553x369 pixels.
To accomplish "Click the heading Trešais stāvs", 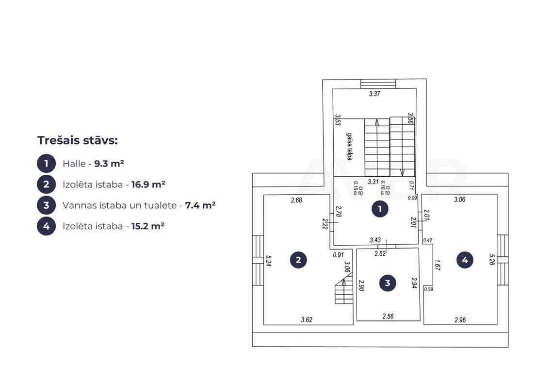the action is coord(78,140).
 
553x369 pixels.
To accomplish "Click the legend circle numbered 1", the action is coord(46,164).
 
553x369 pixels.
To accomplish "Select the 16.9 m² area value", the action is coord(148,184).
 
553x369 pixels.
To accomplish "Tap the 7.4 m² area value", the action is coord(200,205).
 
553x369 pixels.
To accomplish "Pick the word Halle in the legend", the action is coord(74,164).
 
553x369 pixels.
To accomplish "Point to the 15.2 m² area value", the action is coord(148,226).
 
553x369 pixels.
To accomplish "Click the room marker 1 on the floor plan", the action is coord(380,209).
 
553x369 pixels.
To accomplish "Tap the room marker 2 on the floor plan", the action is coord(298,260).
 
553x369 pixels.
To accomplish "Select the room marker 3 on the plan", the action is coord(388,283).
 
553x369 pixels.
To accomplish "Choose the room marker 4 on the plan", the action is coord(465,260).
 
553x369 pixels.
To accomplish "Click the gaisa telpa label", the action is coord(349,147).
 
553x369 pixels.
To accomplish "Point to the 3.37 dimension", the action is coord(374,94).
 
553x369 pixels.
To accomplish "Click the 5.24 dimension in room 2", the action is coord(268,261).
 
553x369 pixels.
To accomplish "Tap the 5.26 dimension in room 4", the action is coord(492,260).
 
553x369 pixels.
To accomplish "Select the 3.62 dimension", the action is coord(307,319).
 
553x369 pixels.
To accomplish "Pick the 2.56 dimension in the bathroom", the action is coord(388,317).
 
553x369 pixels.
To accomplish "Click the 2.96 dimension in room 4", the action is coord(460,320).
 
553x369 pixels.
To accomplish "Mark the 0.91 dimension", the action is coord(338,254).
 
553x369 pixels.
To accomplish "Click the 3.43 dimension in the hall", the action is coord(375,240).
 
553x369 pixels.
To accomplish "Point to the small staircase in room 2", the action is coord(344,290).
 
